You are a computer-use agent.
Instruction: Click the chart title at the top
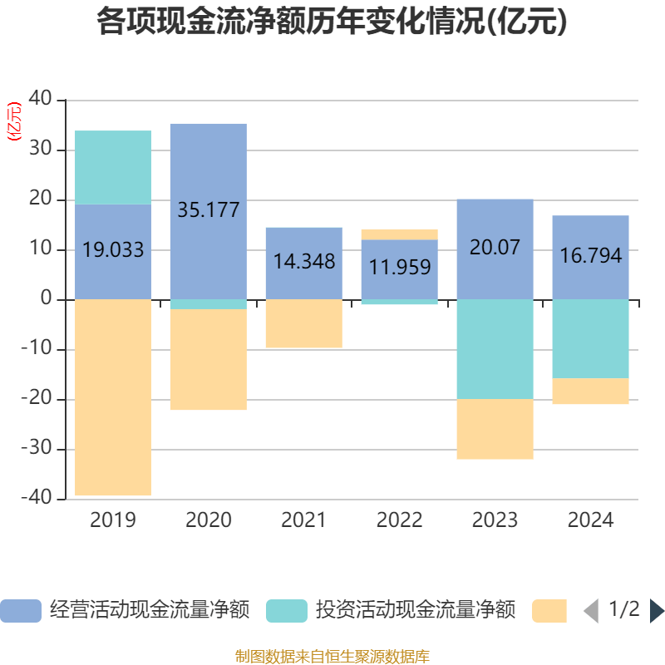click(x=332, y=22)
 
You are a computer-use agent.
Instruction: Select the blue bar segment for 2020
click(x=208, y=166)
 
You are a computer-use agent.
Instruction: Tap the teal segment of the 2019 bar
click(x=113, y=167)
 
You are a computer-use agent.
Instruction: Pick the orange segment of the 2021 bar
click(x=303, y=323)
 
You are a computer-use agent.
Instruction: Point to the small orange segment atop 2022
click(x=399, y=234)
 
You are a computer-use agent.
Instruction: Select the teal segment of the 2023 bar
click(x=495, y=349)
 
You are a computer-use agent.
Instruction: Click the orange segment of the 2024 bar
click(x=590, y=392)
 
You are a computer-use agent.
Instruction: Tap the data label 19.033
click(x=113, y=249)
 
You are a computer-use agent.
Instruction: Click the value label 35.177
click(x=208, y=210)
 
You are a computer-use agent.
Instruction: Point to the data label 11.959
click(x=399, y=268)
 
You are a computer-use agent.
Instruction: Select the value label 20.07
click(x=495, y=248)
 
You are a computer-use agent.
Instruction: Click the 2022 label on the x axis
click(x=399, y=521)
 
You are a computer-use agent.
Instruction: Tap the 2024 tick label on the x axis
click(x=590, y=521)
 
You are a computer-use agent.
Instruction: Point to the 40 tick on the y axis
click(x=41, y=100)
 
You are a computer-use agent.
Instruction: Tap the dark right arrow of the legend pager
click(x=657, y=611)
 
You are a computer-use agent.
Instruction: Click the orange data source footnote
click(x=332, y=657)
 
